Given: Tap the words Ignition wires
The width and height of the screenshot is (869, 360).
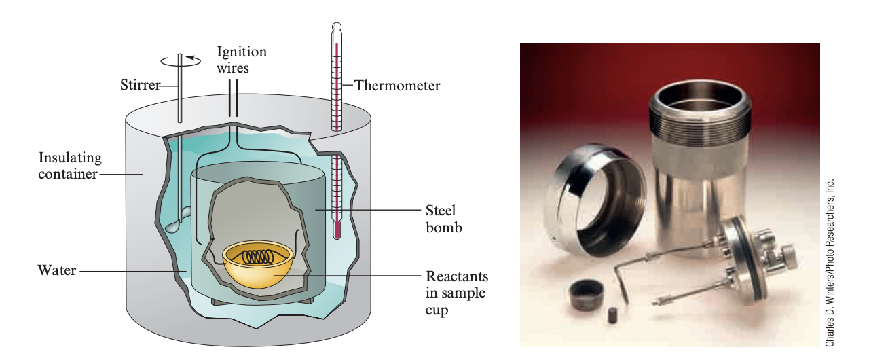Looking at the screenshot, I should click(241, 60).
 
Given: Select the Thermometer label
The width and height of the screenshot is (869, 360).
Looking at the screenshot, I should click(397, 86).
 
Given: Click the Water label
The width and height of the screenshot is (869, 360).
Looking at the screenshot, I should click(56, 272).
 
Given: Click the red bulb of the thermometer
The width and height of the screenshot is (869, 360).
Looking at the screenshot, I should click(336, 231).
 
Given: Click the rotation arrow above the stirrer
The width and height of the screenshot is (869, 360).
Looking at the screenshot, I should click(181, 60).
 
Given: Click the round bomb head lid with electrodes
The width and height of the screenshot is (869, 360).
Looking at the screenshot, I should click(747, 244).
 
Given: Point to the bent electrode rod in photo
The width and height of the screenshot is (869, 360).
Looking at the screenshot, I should click(635, 268).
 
